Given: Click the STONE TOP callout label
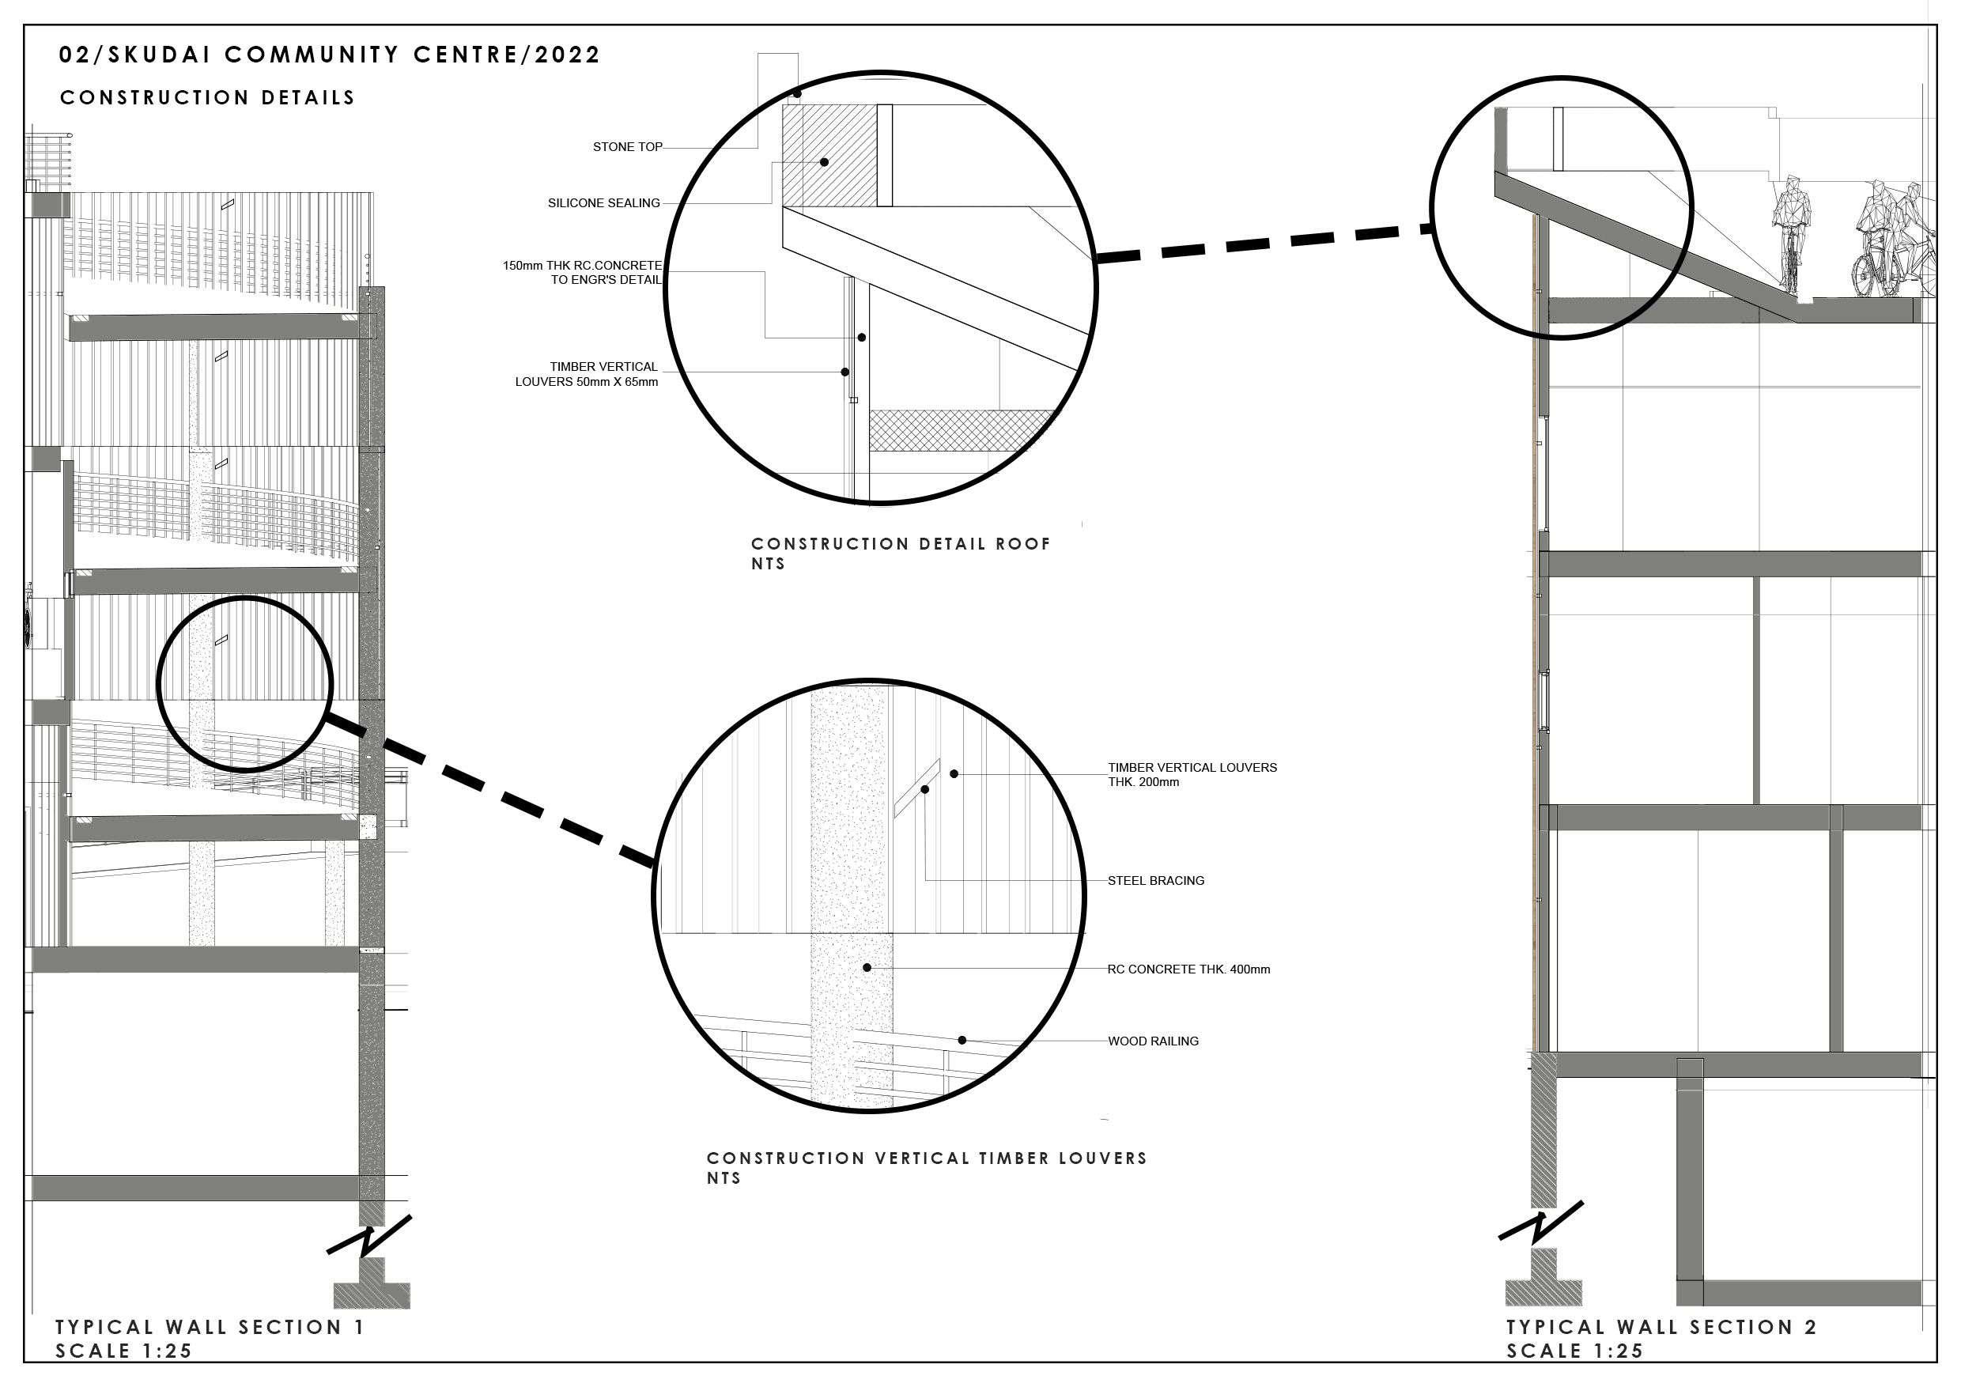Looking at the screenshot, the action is (x=627, y=147).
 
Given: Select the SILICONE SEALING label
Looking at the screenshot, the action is (x=603, y=203).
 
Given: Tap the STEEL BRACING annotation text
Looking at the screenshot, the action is (x=1155, y=881).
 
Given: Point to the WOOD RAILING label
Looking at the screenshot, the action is (x=1153, y=1041).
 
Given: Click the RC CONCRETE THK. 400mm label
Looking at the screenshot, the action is (x=1188, y=969).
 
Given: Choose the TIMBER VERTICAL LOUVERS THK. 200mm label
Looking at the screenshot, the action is (x=1192, y=775).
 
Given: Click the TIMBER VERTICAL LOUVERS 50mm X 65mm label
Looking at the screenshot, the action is (x=587, y=374).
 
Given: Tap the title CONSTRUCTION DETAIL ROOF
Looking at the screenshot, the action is (x=900, y=544).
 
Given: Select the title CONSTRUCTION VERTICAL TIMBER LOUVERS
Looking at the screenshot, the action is (x=927, y=1158).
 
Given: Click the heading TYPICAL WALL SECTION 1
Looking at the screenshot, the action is (x=210, y=1326).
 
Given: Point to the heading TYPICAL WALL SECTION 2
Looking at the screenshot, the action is (x=1661, y=1326).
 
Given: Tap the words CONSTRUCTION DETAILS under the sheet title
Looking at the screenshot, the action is (x=207, y=97).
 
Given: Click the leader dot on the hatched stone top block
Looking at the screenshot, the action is (x=824, y=162).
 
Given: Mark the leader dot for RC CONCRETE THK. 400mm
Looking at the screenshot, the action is (x=867, y=968).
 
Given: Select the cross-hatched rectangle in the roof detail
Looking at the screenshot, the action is (x=961, y=429).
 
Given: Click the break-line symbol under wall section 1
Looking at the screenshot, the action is (x=369, y=1236).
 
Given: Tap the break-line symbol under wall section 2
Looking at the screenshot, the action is (x=1542, y=1223).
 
